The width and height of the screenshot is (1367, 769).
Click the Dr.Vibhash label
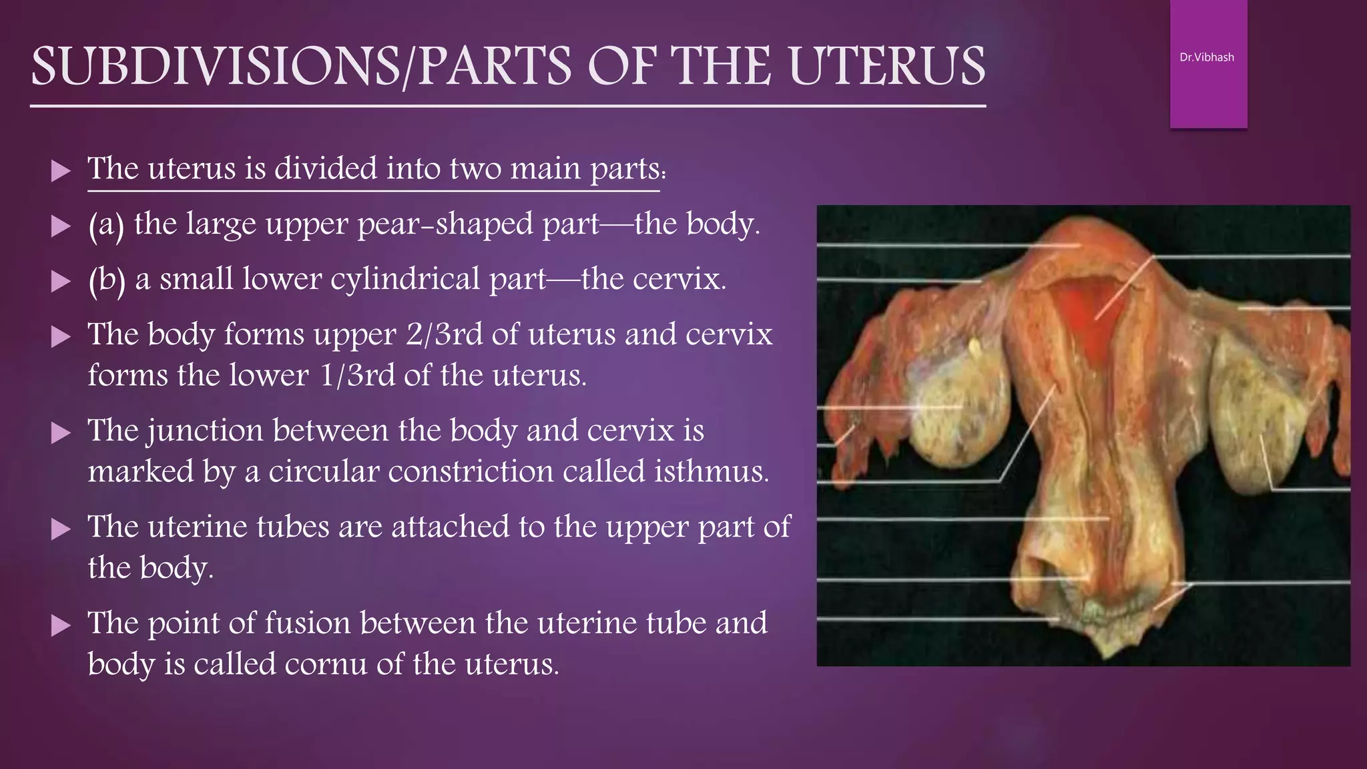point(1207,57)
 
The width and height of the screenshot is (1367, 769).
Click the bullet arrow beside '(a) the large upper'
point(61,226)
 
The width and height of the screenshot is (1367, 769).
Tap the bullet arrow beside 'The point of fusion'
point(61,625)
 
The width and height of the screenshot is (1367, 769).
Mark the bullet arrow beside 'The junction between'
point(61,434)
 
